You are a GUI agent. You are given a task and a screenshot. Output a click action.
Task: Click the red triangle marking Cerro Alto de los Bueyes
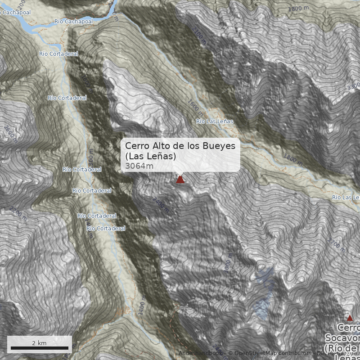(x=180, y=180)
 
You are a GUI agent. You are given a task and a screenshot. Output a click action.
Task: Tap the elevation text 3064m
(x=139, y=166)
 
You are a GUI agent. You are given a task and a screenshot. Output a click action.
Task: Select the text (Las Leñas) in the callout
(x=150, y=156)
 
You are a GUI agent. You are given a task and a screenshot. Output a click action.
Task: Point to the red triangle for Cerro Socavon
(x=350, y=318)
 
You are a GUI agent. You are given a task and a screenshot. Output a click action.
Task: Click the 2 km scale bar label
(x=39, y=343)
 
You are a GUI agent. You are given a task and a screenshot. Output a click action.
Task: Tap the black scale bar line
(x=39, y=348)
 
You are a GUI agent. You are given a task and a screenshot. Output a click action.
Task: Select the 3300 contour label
(x=354, y=85)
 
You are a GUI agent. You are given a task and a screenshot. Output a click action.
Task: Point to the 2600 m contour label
(x=10, y=133)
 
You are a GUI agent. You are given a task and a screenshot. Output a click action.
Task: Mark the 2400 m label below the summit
(x=161, y=205)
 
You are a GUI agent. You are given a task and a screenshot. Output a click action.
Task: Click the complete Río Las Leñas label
(x=215, y=121)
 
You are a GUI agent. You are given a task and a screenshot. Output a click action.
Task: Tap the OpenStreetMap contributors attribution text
(x=270, y=353)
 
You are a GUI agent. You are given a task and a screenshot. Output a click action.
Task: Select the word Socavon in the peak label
(x=342, y=338)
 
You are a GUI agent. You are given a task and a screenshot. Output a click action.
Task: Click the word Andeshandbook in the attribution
(x=200, y=353)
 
